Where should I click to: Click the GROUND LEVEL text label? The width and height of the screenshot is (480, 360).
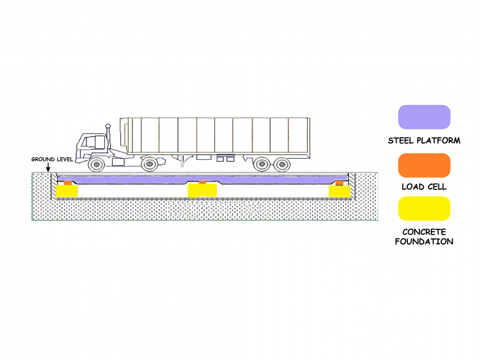coord(52,160)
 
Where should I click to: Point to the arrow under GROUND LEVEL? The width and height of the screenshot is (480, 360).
coord(48,168)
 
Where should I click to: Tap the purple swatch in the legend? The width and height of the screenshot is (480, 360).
coord(424,117)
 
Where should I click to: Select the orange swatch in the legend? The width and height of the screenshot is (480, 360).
coord(424,165)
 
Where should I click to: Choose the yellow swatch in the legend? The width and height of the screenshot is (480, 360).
coord(424,208)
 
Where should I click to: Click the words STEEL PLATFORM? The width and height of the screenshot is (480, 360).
coord(424,141)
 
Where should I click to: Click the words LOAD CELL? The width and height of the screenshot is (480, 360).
coord(424,187)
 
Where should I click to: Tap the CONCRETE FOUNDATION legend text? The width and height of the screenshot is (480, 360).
coord(424,237)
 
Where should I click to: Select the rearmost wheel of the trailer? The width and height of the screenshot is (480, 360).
coord(281,164)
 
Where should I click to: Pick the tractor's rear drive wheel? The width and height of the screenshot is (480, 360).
coord(149,164)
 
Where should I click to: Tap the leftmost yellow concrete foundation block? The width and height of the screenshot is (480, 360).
coord(67,191)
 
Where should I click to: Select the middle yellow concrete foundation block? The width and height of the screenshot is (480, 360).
coord(203,190)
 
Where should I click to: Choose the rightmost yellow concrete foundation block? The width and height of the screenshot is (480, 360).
coord(340,191)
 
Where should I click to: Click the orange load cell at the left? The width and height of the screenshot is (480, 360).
coord(67,183)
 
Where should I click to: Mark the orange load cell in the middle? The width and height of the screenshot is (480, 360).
coord(203,182)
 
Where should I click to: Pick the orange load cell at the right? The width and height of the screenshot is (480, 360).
coord(339,183)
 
